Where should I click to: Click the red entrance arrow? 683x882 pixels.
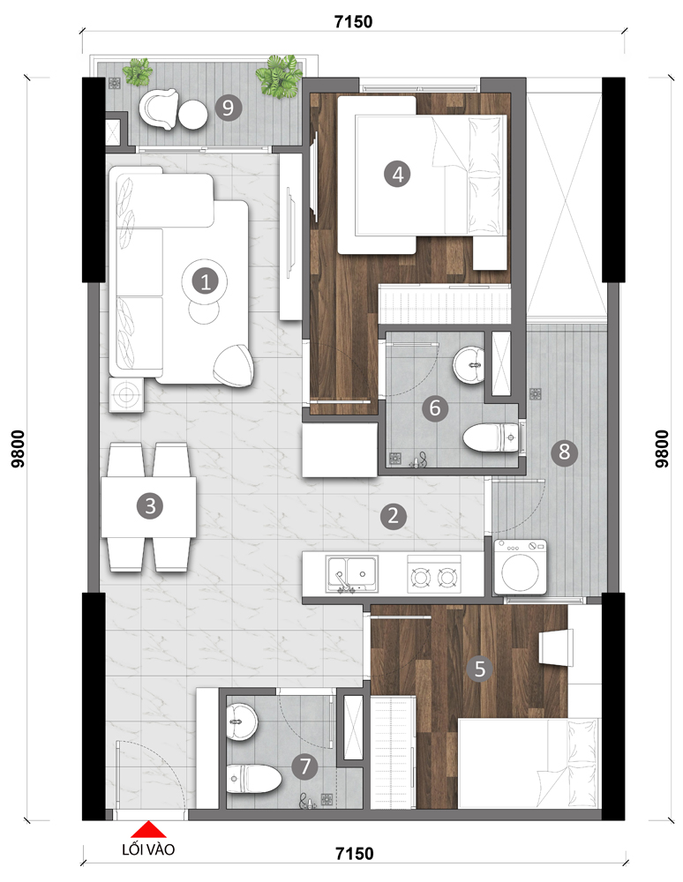pyautogui.click(x=148, y=830)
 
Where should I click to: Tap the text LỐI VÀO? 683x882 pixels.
pyautogui.click(x=148, y=849)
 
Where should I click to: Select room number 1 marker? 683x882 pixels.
pyautogui.click(x=205, y=280)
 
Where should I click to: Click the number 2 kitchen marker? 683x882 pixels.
pyautogui.click(x=393, y=515)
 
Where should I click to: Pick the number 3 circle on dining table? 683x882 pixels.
pyautogui.click(x=150, y=505)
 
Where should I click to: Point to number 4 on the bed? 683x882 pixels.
pyautogui.click(x=397, y=174)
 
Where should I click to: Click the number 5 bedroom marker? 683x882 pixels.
pyautogui.click(x=479, y=669)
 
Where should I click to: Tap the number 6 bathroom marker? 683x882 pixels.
pyautogui.click(x=435, y=407)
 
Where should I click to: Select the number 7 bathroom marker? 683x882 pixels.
pyautogui.click(x=305, y=766)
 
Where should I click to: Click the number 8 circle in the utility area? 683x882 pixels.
pyautogui.click(x=564, y=452)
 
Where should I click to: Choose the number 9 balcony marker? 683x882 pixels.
pyautogui.click(x=228, y=107)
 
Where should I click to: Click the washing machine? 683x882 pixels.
pyautogui.click(x=520, y=566)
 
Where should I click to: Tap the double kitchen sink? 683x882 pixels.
pyautogui.click(x=351, y=574)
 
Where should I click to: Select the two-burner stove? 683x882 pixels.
pyautogui.click(x=434, y=574)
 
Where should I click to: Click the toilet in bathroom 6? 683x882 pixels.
pyautogui.click(x=491, y=437)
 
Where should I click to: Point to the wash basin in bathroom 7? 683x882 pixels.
pyautogui.click(x=243, y=721)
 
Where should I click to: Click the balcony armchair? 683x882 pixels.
pyautogui.click(x=158, y=109)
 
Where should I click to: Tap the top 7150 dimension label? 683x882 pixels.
pyautogui.click(x=353, y=22)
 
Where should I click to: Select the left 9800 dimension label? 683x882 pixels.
pyautogui.click(x=18, y=449)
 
